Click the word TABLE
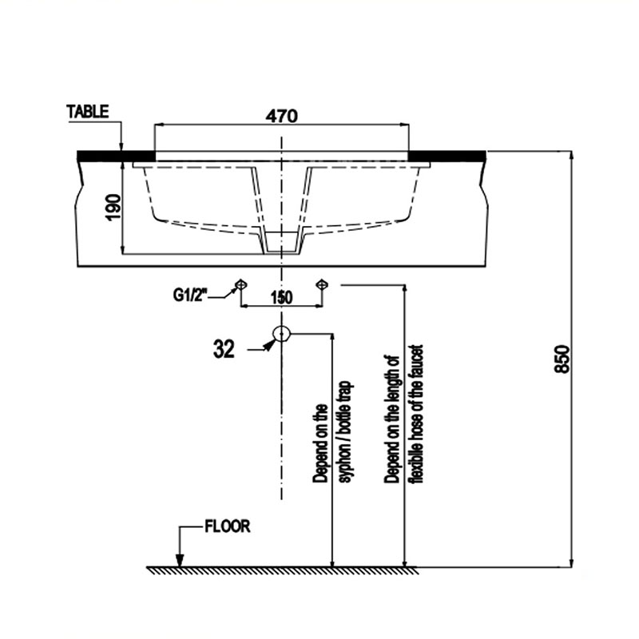click(x=88, y=112)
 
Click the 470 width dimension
click(x=282, y=116)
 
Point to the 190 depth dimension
click(x=113, y=207)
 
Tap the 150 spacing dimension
click(x=281, y=297)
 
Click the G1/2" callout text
click(x=190, y=295)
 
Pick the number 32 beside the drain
click(x=224, y=349)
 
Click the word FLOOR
click(x=228, y=526)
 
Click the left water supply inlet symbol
click(x=241, y=284)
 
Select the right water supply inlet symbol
click(x=322, y=284)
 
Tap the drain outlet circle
click(x=282, y=334)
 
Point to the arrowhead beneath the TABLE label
click(x=121, y=146)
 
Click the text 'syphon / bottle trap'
click(x=346, y=432)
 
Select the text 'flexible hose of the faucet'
click(x=417, y=414)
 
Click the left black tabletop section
click(x=116, y=156)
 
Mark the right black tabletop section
click(x=447, y=156)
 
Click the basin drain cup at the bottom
click(x=282, y=243)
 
